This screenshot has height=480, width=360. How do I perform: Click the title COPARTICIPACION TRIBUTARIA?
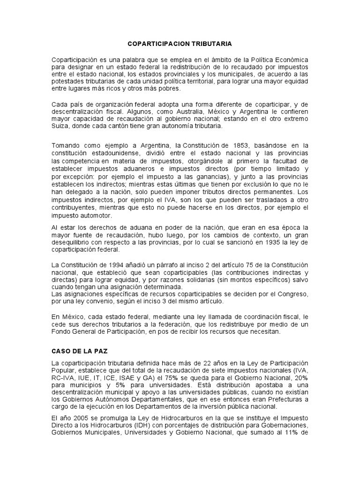[180, 44]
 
